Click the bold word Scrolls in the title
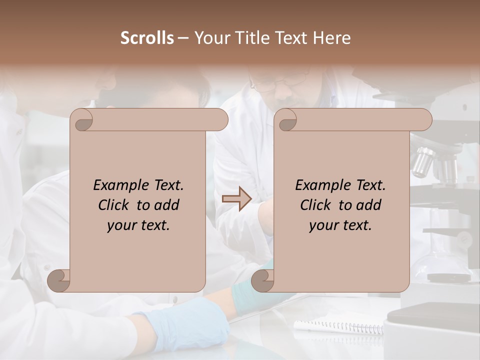point(147,38)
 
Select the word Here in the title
point(332,38)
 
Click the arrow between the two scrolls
point(236,199)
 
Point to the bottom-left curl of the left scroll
point(59,280)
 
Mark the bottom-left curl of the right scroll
point(263,280)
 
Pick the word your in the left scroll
point(122,225)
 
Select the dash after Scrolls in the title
point(183,38)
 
